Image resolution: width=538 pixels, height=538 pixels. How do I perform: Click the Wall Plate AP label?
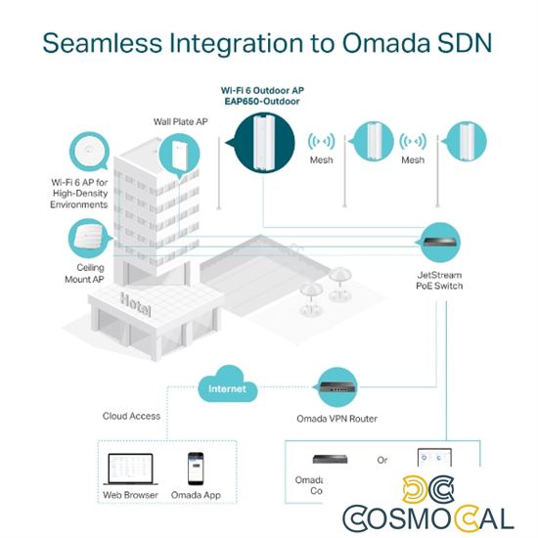tap(183, 122)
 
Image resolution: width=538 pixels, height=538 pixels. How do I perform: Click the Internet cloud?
tap(226, 387)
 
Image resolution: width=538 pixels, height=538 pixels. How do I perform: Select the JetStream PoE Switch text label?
tap(432, 280)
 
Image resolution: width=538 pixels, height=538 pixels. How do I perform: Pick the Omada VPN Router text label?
tap(336, 420)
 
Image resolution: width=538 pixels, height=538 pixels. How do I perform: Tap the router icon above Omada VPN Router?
tap(336, 387)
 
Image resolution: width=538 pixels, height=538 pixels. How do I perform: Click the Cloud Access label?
tap(131, 416)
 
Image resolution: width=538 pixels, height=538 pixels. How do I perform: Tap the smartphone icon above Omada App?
tap(195, 467)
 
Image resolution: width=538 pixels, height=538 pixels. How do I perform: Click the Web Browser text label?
tap(131, 494)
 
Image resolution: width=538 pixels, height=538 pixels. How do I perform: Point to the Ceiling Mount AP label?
tap(84, 272)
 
